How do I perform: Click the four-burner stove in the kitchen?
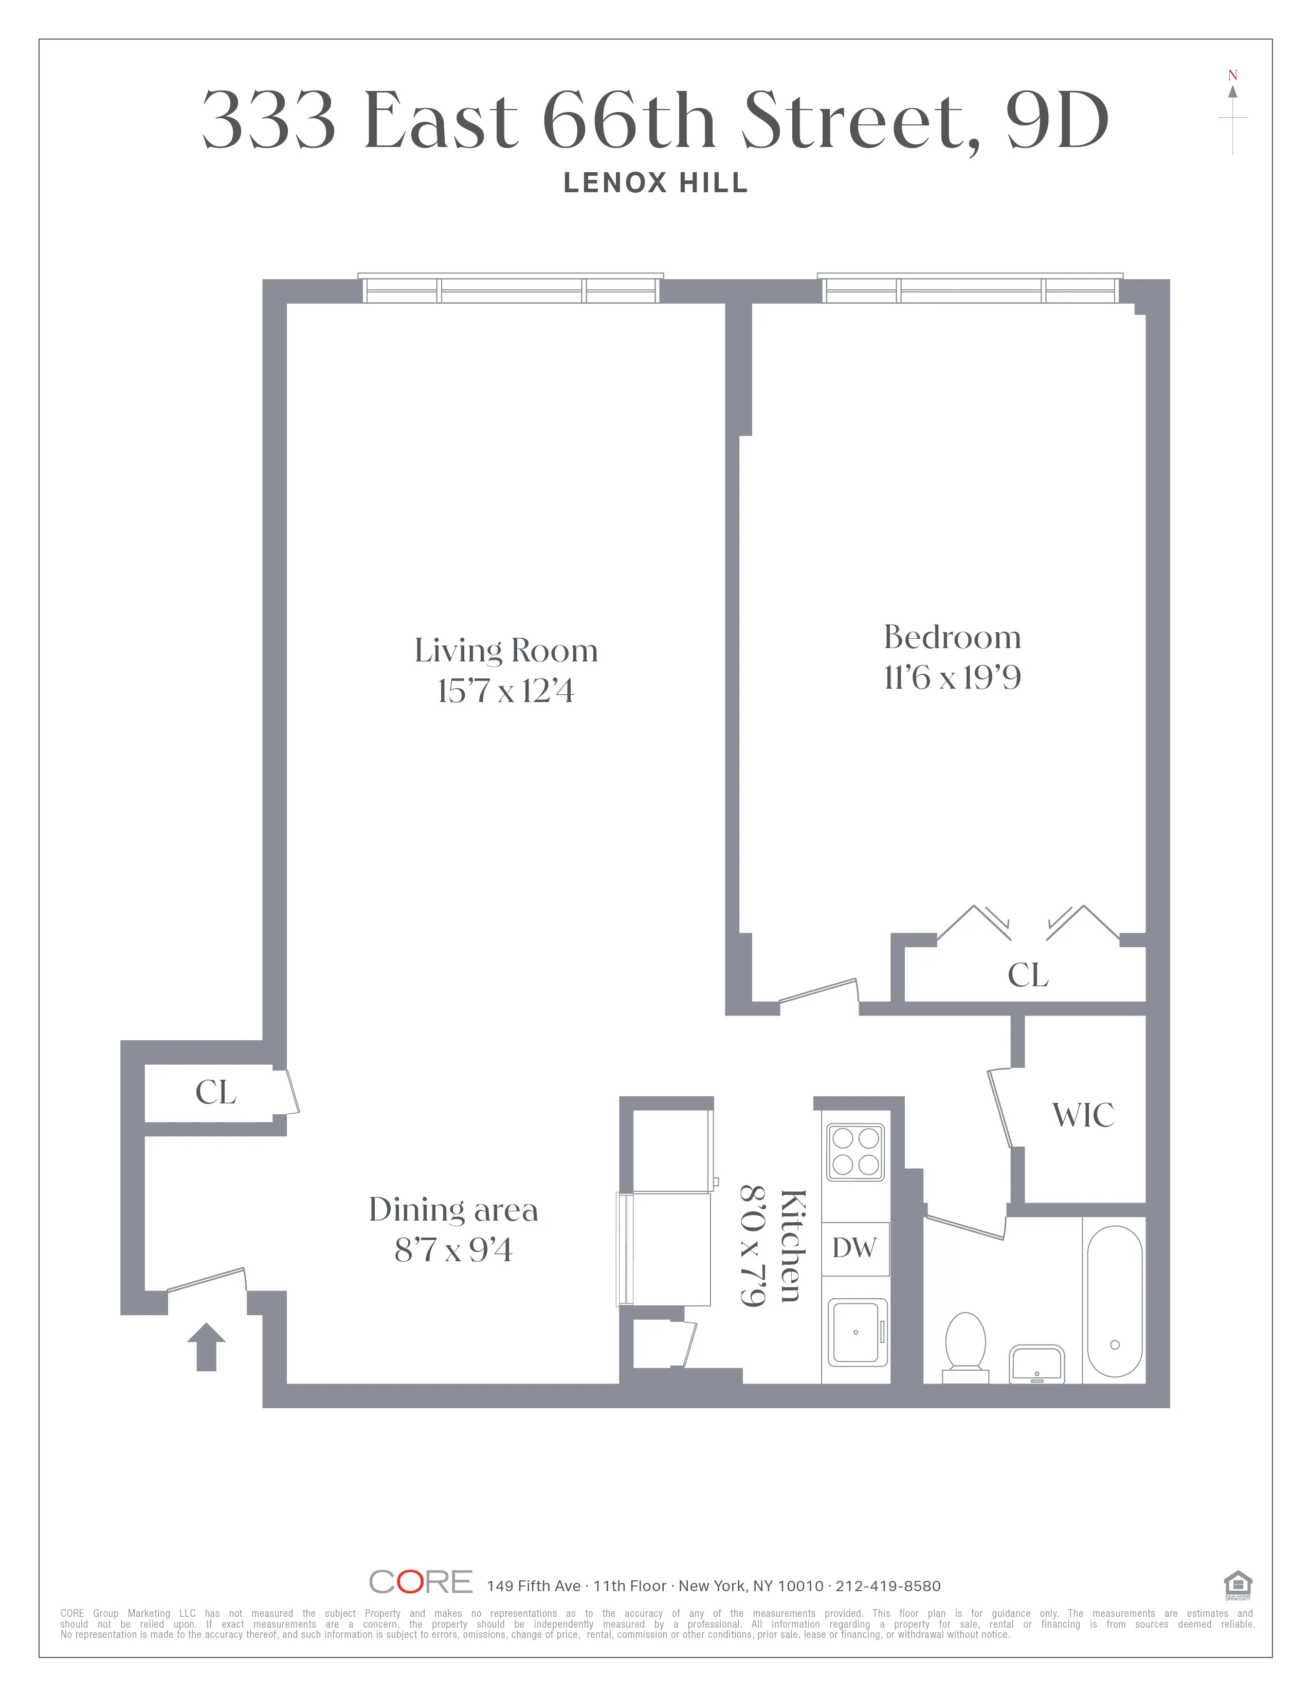855,1152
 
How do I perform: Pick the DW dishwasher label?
854,1248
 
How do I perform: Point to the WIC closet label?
1083,1116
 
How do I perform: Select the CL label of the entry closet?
216,1093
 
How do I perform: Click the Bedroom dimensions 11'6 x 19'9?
952,678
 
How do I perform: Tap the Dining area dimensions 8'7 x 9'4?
453,1250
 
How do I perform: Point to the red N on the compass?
1232,76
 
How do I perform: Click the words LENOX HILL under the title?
655,183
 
